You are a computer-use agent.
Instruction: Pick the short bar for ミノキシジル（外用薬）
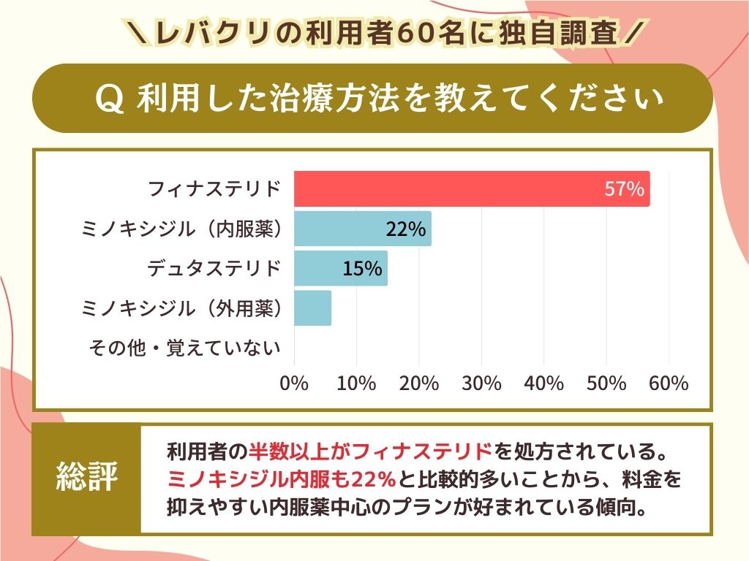click(312, 308)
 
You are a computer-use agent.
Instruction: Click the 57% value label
click(624, 190)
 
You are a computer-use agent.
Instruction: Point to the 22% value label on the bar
click(405, 229)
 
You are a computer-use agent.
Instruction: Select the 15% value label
click(362, 269)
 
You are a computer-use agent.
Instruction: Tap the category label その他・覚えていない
click(184, 348)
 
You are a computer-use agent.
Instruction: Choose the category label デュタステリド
click(214, 269)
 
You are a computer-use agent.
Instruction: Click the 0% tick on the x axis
click(295, 383)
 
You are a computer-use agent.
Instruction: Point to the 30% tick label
click(482, 383)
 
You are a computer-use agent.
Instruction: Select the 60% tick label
click(669, 383)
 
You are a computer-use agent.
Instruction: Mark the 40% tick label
click(544, 383)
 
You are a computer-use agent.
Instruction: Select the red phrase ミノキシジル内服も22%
click(281, 479)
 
